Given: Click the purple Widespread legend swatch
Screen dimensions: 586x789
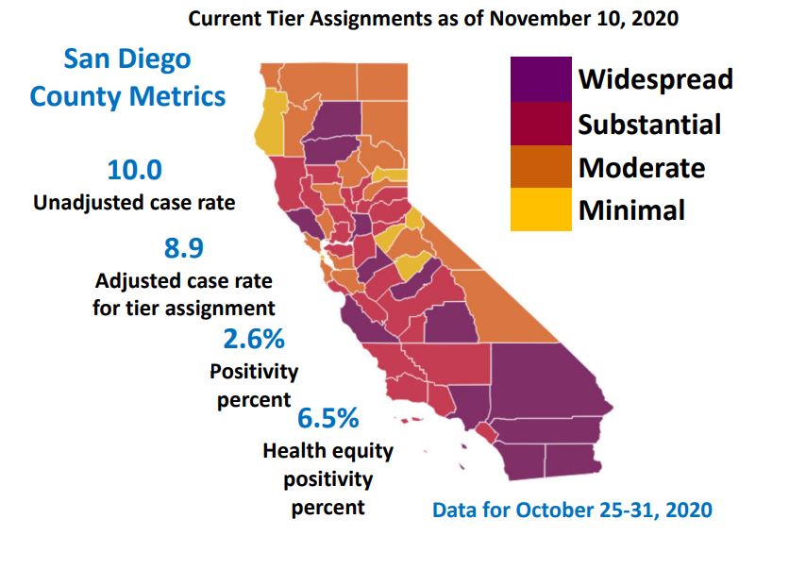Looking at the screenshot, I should click(541, 78).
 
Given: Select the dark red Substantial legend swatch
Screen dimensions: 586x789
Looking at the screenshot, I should click(541, 123).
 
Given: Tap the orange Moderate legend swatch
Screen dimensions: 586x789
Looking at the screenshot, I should click(541, 167).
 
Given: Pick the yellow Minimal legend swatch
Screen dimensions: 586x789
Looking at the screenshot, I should click(541, 209).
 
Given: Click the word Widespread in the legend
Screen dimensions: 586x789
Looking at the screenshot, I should click(655, 78).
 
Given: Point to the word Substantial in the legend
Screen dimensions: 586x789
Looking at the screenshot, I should click(649, 124).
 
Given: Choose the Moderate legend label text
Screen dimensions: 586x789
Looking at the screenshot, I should click(642, 167).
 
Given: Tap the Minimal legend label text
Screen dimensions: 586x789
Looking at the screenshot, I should click(631, 209).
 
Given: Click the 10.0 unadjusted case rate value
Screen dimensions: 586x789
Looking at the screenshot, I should click(134, 171).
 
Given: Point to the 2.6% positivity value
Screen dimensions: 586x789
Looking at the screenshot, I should click(254, 339).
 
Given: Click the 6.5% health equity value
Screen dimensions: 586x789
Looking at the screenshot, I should click(328, 417).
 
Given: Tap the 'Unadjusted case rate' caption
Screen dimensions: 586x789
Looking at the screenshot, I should click(134, 203).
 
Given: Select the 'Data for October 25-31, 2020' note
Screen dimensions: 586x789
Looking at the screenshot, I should click(572, 511).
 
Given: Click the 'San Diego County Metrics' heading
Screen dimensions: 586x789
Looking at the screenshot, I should click(127, 77).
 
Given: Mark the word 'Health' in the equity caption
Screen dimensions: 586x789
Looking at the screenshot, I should click(294, 450).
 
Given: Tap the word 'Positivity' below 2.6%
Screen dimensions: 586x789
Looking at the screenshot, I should click(254, 371).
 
